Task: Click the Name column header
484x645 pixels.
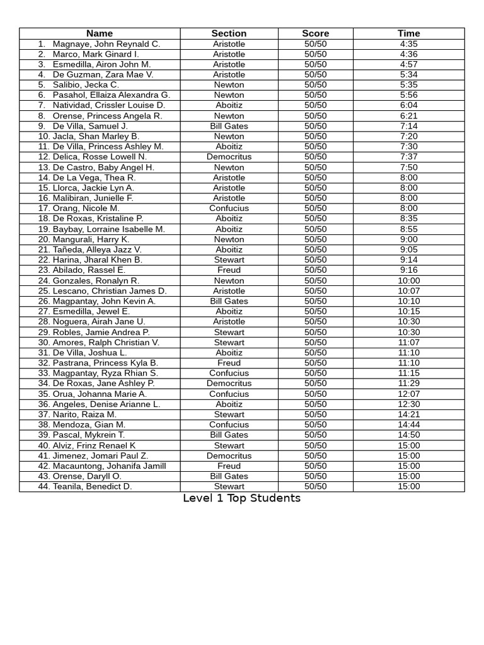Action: click(x=100, y=33)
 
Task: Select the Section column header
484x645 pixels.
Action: click(x=229, y=33)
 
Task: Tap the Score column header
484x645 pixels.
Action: click(x=315, y=33)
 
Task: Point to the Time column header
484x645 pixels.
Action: click(x=408, y=33)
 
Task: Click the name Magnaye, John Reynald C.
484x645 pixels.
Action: click(x=107, y=44)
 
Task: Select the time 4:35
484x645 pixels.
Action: click(x=408, y=44)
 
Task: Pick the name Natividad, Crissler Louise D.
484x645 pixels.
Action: click(x=108, y=105)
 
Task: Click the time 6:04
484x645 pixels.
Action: click(x=408, y=105)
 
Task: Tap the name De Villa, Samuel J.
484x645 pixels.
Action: click(x=90, y=126)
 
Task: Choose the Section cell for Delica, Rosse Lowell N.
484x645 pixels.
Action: click(x=229, y=157)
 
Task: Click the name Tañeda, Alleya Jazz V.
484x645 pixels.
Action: click(x=97, y=249)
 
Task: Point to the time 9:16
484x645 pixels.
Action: click(x=408, y=270)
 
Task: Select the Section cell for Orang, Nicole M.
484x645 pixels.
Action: click(x=229, y=208)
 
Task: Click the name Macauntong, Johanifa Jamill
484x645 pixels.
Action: click(x=109, y=466)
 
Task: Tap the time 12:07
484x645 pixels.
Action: click(x=408, y=394)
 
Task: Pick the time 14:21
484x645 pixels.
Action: click(x=408, y=414)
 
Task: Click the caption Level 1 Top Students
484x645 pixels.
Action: click(x=241, y=498)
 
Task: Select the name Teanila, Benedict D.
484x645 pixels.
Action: click(x=92, y=486)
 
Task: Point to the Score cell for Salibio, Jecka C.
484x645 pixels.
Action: click(x=315, y=85)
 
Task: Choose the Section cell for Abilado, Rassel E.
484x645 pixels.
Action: click(x=229, y=270)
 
